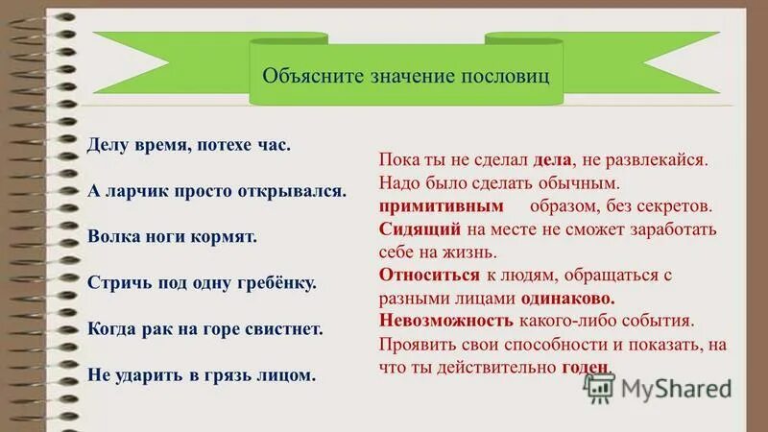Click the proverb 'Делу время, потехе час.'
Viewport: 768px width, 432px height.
(188, 145)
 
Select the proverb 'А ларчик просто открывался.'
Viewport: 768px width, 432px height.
(216, 190)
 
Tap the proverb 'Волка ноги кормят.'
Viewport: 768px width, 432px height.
(172, 235)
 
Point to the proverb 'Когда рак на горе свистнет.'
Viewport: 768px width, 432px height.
(204, 328)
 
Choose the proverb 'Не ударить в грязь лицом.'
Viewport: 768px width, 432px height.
(201, 374)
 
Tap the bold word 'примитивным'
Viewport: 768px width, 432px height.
(442, 205)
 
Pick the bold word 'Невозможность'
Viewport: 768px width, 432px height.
(446, 321)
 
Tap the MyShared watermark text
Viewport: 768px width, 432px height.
(676, 389)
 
